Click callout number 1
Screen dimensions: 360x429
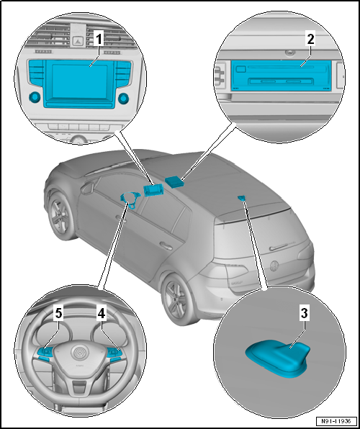99,40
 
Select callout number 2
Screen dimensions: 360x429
310,40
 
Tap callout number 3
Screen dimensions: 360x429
304,314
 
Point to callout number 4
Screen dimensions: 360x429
102,314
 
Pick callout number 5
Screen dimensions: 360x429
58,314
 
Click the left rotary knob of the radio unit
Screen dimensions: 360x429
35,97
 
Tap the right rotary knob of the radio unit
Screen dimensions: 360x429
123,99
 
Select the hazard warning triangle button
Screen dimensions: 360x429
78,41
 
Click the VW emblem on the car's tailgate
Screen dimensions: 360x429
274,266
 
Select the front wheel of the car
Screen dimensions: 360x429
60,216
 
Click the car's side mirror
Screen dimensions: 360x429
87,189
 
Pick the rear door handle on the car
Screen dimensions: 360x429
166,245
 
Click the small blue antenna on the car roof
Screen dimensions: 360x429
242,198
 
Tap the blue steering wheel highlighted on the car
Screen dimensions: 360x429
130,200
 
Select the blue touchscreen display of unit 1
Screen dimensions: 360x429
79,81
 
